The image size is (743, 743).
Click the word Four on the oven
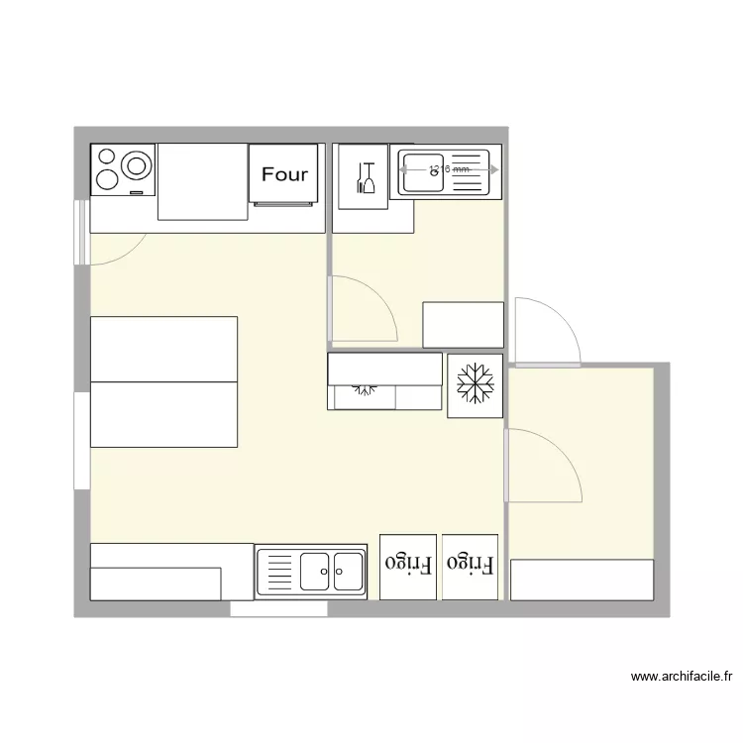[x=284, y=174]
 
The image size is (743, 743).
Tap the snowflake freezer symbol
[x=476, y=384]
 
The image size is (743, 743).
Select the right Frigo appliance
[x=471, y=566]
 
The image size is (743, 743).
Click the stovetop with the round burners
[x=123, y=169]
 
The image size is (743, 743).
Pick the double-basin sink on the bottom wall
[x=311, y=573]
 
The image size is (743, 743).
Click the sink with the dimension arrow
[x=445, y=171]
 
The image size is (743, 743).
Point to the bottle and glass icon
[x=364, y=177]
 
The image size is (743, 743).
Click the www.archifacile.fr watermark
[x=682, y=678]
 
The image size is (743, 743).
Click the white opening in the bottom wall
[x=278, y=609]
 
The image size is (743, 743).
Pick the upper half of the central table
[x=163, y=349]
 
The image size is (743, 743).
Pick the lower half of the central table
[x=163, y=414]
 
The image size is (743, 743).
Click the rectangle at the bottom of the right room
[x=582, y=580]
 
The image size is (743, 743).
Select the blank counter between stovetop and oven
[x=202, y=181]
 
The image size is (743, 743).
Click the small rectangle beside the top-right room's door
[x=463, y=325]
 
